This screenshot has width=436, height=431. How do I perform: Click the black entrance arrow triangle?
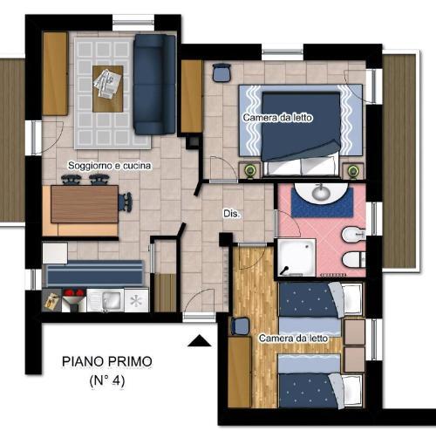tap(200, 341)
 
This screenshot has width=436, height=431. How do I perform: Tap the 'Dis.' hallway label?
tap(232, 214)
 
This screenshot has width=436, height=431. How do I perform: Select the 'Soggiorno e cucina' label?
tap(110, 166)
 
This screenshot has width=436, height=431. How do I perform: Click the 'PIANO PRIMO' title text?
tap(107, 361)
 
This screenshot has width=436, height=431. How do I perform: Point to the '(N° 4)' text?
tap(107, 380)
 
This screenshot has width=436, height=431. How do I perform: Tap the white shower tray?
tap(296, 257)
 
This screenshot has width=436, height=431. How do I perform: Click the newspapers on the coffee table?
tap(107, 84)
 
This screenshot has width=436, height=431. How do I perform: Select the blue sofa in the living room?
tap(154, 85)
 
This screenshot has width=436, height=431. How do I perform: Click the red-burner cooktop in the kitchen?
tap(74, 299)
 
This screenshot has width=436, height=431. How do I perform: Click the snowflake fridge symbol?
tap(136, 301)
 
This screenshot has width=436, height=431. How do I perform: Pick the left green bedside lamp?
tap(249, 170)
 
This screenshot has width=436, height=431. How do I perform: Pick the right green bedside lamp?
tap(353, 170)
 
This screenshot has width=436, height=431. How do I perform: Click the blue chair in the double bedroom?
tap(221, 72)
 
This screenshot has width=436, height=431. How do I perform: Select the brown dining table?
tap(85, 204)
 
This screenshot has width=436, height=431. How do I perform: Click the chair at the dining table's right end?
tap(126, 202)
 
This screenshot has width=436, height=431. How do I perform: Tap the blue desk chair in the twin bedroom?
tap(241, 326)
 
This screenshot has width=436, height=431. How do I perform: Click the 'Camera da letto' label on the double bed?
tap(277, 118)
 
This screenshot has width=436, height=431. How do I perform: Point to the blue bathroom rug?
tap(323, 202)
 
